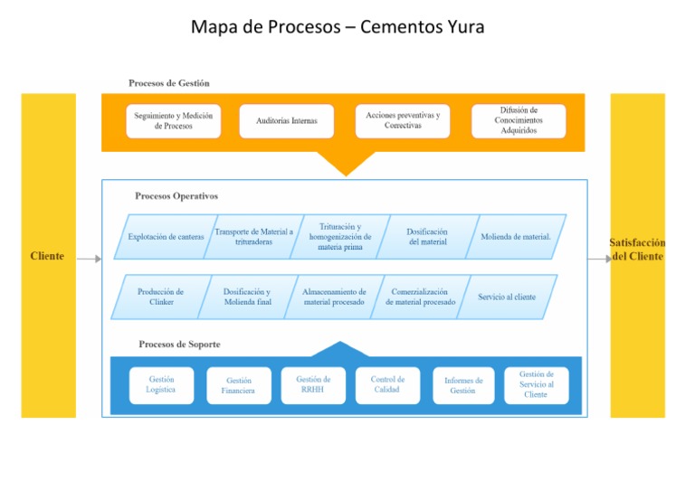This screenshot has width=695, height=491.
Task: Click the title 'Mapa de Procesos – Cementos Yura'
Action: pos(338,27)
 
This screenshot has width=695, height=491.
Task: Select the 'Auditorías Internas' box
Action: pos(286,120)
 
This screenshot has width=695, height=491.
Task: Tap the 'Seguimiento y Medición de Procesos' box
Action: pos(173,120)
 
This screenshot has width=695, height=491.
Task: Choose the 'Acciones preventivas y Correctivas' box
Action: pos(402,120)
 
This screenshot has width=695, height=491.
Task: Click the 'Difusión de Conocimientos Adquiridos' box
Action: pos(519,120)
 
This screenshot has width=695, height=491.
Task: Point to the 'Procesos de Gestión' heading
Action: pos(169,83)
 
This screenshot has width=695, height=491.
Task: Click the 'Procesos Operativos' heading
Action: pos(176,195)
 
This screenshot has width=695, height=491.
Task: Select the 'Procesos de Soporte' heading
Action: pos(179,345)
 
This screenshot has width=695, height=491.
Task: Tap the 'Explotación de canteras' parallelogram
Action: pos(165,237)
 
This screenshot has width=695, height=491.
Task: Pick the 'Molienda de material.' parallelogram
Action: pos(515,237)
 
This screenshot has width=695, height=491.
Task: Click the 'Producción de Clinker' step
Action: pos(159,297)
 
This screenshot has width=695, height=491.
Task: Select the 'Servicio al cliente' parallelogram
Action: pos(506,297)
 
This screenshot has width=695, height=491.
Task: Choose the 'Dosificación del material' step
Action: pos(427,237)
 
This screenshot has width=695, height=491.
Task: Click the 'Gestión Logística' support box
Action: pos(161,384)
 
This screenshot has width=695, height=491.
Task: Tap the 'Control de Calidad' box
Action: pos(387,384)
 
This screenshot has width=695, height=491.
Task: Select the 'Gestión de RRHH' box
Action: pos(312,384)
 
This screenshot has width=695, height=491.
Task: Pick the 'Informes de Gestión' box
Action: pos(462,385)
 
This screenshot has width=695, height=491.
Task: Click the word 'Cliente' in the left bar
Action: pos(47,256)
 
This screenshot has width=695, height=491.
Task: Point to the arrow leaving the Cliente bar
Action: pos(89,259)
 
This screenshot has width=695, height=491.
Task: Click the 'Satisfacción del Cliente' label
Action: pos(637,250)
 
